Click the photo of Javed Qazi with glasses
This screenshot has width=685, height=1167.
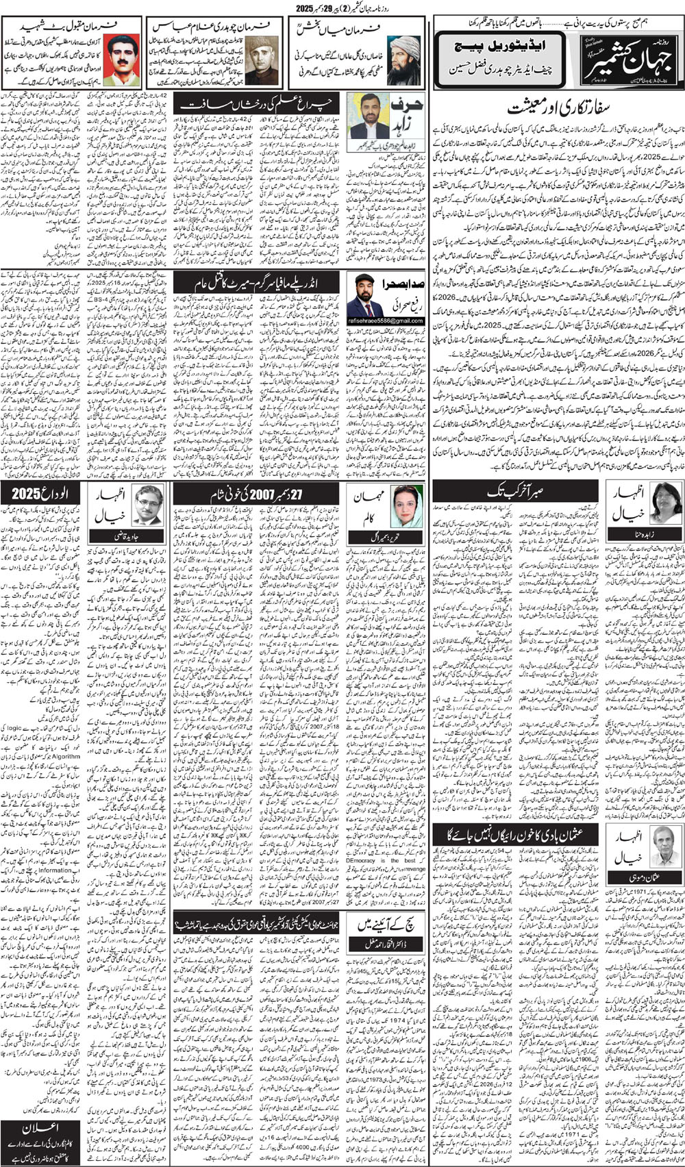pyautogui.click(x=148, y=504)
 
